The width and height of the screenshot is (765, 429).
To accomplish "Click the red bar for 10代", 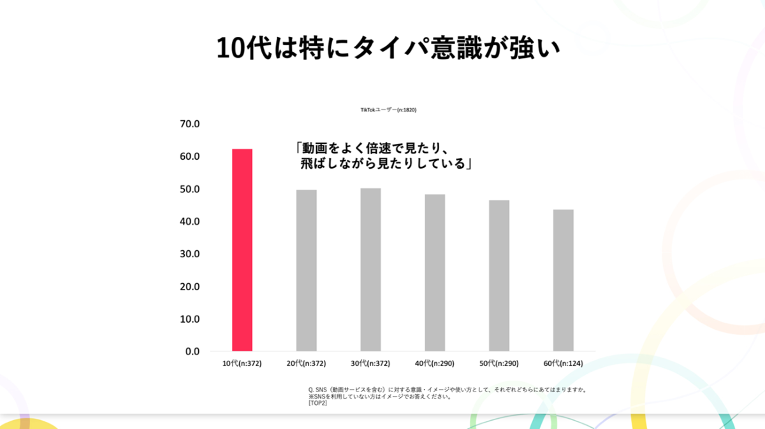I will [x=242, y=250].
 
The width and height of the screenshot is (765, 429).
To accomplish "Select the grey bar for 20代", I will [x=307, y=271].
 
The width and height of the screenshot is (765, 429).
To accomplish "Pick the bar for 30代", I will [x=370, y=270].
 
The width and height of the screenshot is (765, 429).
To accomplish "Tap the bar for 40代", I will [x=435, y=273].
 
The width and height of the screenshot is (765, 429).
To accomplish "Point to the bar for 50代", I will [x=499, y=276].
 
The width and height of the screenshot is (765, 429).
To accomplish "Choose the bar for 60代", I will [x=563, y=281].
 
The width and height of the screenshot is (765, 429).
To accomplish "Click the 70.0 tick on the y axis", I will [x=190, y=124].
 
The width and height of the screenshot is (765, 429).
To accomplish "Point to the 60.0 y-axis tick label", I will [x=190, y=157].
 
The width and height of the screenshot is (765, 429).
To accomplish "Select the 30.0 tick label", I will [x=190, y=254].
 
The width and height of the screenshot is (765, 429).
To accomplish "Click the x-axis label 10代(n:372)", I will [x=242, y=363].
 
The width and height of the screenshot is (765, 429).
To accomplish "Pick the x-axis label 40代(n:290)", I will [x=435, y=363].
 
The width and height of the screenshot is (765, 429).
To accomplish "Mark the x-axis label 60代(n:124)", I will [x=563, y=363].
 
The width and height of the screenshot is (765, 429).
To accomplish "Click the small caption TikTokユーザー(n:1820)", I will [x=388, y=110].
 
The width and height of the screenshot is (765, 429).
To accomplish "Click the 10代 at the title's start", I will [x=239, y=49].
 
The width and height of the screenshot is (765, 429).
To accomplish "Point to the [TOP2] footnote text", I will [x=317, y=403].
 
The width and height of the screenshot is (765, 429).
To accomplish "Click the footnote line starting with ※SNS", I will [x=380, y=397].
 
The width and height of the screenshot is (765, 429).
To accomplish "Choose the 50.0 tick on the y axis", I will [x=190, y=189].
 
